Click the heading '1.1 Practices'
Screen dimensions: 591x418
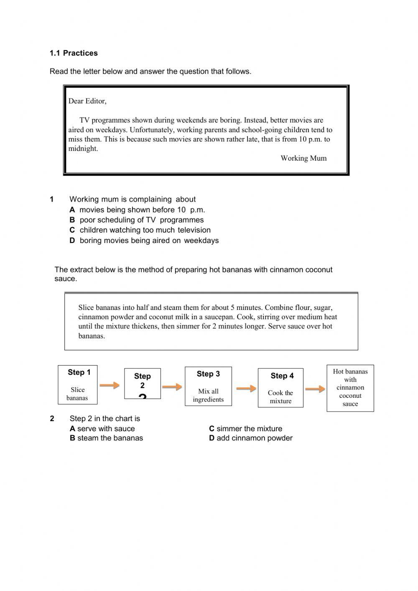pos(74,53)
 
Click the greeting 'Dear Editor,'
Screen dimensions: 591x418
pos(87,101)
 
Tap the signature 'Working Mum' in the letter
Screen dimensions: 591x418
pos(303,158)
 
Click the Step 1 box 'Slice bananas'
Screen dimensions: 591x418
pos(78,384)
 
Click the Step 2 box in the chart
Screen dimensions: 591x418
pos(143,384)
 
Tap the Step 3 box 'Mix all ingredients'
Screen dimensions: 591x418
pos(208,386)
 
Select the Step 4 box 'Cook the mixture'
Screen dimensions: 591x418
pos(280,388)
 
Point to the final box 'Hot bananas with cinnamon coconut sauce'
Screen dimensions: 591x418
pos(350,388)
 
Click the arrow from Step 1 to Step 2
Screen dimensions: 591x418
pos(110,385)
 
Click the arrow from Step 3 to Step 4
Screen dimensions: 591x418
pos(246,389)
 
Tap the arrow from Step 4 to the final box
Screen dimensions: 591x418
pos(315,389)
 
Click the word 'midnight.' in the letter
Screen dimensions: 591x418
pos(83,148)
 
